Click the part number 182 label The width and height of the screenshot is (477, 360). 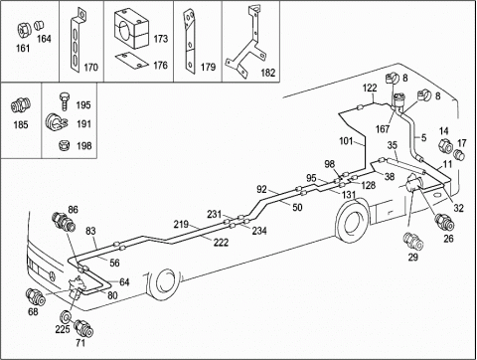(268, 73)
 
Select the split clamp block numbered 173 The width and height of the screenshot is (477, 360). (131, 28)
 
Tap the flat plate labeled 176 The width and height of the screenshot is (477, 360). (131, 60)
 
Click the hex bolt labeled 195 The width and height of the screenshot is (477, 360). (65, 102)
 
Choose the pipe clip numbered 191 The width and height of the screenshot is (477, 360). (56, 122)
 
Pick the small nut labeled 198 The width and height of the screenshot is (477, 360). (64, 145)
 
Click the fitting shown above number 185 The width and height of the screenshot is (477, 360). (21, 105)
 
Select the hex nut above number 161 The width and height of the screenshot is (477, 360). (23, 30)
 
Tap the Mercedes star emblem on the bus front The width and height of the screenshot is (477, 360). (53, 275)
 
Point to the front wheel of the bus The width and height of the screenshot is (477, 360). (163, 281)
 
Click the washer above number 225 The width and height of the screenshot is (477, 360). (66, 316)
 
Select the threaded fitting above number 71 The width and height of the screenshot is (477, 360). (82, 328)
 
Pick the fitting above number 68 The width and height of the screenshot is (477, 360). (35, 297)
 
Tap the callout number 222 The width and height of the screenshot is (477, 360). (221, 243)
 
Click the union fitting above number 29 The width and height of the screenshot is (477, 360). (413, 242)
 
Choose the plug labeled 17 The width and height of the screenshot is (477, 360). (460, 154)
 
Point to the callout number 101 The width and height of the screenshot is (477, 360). (346, 141)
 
